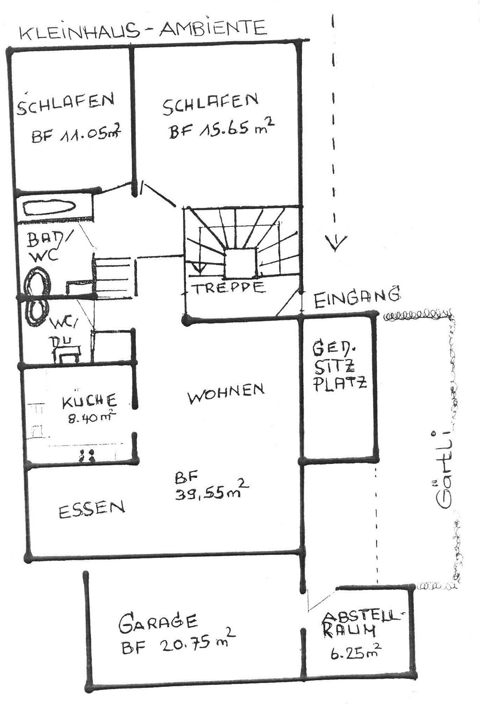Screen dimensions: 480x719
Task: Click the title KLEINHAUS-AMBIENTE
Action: tap(143, 30)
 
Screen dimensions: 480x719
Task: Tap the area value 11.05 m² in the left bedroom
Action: tap(77, 134)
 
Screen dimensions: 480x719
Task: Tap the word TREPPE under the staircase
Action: tap(230, 288)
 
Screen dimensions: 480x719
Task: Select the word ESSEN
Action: tap(92, 509)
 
